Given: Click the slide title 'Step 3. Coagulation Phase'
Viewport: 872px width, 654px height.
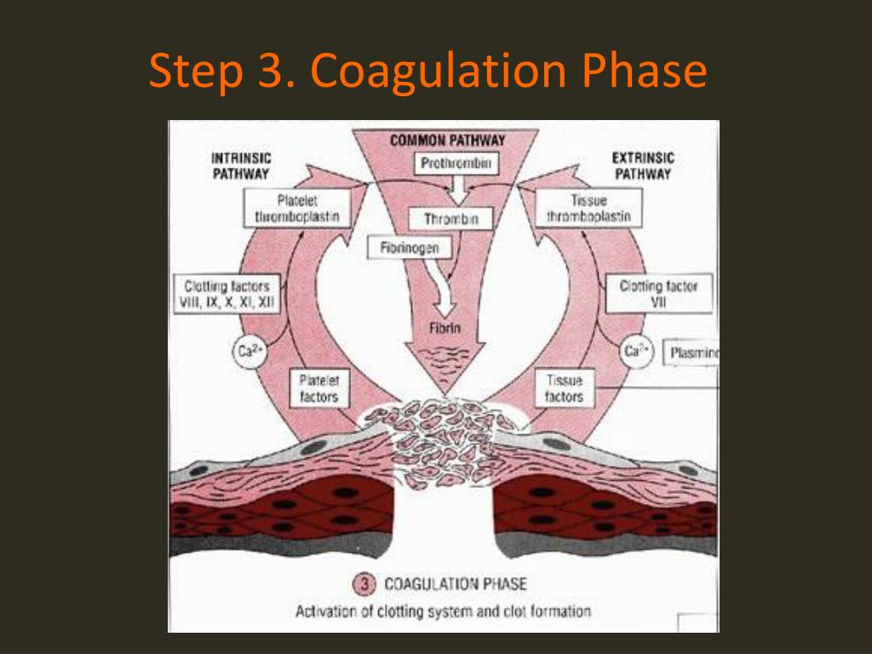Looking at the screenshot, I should click(427, 72).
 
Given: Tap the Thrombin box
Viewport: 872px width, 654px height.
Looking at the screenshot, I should click(451, 219).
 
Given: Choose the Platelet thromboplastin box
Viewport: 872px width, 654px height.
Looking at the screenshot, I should click(296, 209).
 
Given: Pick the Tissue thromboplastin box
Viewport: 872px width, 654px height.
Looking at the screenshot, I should click(588, 209).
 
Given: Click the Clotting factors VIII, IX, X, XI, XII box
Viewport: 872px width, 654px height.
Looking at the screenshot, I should click(225, 295).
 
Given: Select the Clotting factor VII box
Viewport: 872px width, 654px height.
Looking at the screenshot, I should click(657, 295).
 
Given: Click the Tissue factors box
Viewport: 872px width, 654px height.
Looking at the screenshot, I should click(565, 389).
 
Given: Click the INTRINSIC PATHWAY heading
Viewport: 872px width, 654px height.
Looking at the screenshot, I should click(240, 166).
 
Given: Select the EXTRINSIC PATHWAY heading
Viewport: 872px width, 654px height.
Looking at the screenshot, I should click(643, 166).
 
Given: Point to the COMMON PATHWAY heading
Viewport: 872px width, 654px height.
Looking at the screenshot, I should click(448, 140).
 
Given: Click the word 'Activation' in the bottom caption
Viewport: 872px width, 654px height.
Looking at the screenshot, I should click(324, 611).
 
